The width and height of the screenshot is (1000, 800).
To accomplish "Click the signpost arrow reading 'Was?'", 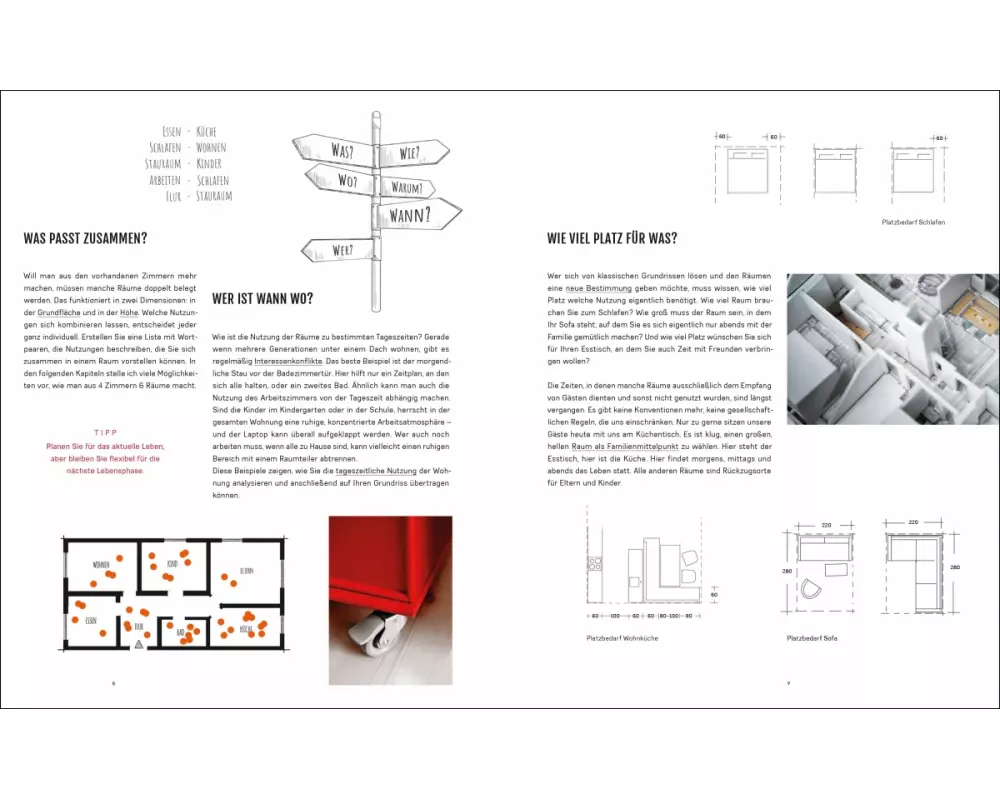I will [x=340, y=152].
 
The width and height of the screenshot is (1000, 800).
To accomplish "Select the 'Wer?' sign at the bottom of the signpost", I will [x=341, y=249].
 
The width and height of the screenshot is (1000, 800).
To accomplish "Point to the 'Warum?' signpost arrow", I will [x=405, y=187].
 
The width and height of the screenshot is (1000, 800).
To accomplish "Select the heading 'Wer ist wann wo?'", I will [x=263, y=298].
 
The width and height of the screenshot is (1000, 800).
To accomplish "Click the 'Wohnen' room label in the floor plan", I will [x=101, y=565].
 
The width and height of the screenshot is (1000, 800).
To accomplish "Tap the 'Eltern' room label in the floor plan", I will [x=246, y=570].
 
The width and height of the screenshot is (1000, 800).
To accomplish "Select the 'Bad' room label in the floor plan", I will [x=181, y=632].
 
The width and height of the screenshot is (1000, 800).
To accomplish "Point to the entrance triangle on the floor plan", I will [x=139, y=647].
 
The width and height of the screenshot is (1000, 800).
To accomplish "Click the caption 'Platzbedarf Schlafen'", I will [x=913, y=222].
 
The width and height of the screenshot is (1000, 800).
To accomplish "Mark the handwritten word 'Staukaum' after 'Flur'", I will [x=215, y=196].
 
